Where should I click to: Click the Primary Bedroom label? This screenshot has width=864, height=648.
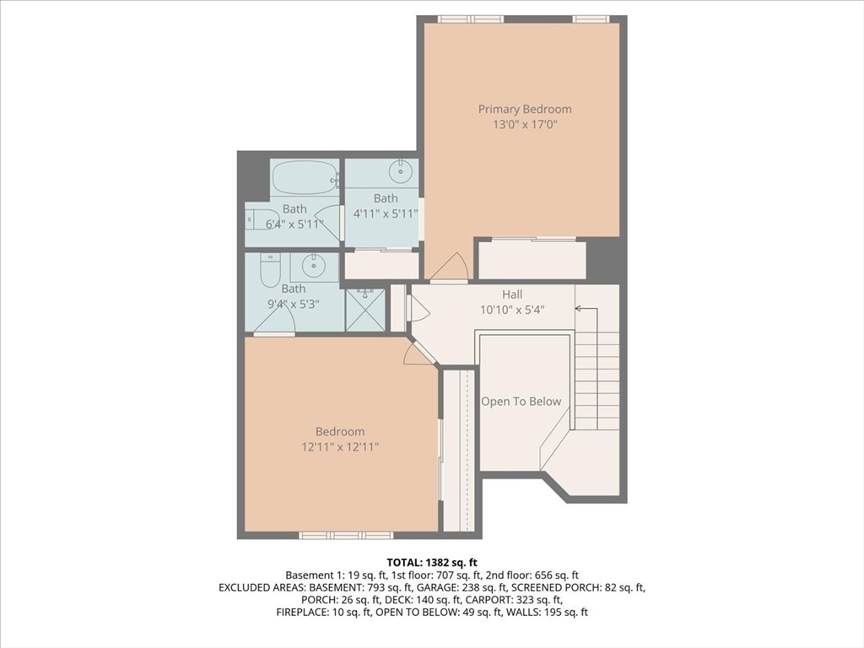(525, 109)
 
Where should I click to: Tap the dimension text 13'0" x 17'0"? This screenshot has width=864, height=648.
(525, 124)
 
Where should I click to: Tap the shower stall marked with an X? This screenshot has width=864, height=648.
(365, 310)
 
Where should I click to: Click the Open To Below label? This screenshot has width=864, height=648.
(521, 402)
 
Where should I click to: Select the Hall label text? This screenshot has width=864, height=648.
(512, 294)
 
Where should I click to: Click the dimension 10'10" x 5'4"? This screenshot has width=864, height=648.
(512, 309)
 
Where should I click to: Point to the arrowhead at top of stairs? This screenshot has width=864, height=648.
(580, 309)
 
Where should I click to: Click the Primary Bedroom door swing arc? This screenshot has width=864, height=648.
(450, 267)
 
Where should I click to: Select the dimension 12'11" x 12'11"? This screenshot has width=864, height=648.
(341, 446)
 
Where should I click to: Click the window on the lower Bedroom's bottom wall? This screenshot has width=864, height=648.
(346, 535)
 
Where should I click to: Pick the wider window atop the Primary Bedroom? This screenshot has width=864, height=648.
(470, 19)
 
